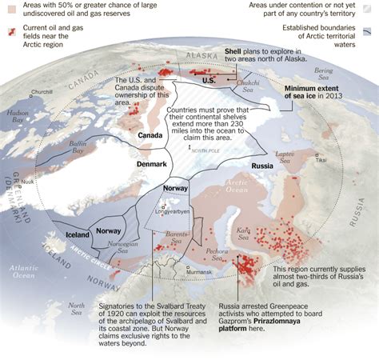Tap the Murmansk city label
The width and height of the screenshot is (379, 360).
tap(200, 272)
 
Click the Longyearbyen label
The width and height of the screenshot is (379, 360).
tap(174, 212)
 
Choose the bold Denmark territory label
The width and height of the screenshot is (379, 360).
tap(150, 163)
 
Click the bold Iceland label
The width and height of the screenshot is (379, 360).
tap(78, 235)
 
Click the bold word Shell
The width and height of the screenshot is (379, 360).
tap(238, 50)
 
